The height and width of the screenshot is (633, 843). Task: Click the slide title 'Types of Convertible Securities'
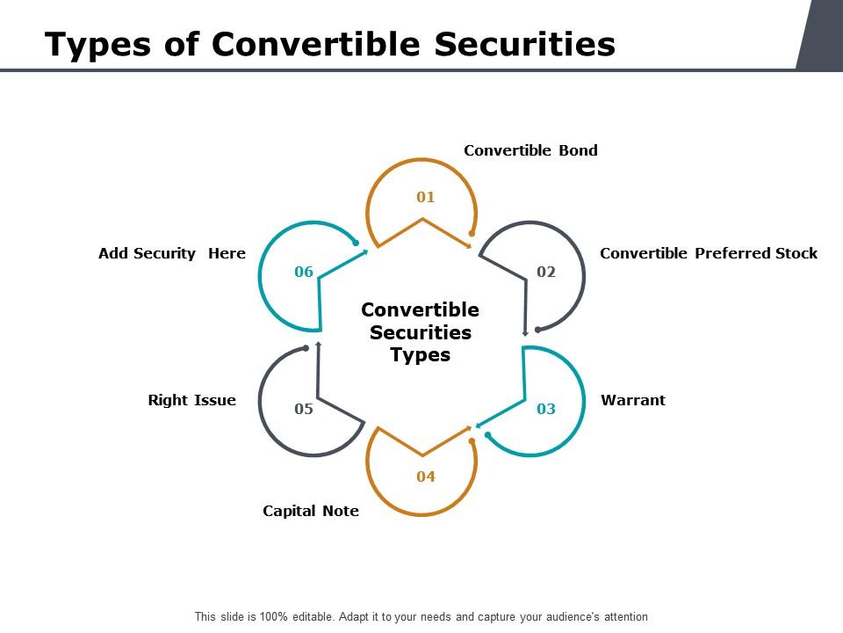[x=330, y=43]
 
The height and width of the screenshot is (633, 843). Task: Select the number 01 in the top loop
[x=426, y=197]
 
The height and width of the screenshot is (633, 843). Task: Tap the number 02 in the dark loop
[x=546, y=272]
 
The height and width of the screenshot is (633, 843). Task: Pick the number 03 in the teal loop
[x=546, y=409]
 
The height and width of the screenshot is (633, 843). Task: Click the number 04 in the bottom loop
[x=426, y=477]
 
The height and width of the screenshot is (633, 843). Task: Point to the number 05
[x=304, y=409]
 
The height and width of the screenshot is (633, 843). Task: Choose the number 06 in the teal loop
[x=304, y=272]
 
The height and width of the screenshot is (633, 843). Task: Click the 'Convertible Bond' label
[x=530, y=150]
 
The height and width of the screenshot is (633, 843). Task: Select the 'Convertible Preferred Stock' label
[x=708, y=253]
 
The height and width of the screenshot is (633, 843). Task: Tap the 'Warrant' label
[x=632, y=400]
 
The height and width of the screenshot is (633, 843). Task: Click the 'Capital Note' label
[x=311, y=511]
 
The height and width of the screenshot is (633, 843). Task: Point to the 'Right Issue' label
[x=191, y=400]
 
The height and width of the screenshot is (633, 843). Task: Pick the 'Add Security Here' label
[x=172, y=253]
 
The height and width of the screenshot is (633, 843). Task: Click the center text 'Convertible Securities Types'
[x=421, y=332]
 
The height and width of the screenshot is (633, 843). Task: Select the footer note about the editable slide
[x=421, y=616]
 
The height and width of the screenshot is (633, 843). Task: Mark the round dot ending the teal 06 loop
[x=356, y=242]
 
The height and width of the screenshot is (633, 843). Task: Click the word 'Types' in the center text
[x=421, y=355]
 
